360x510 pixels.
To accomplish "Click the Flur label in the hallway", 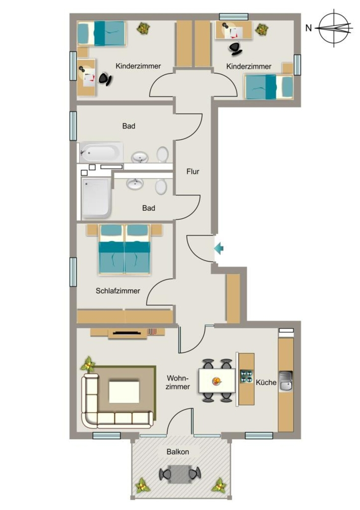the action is coord(193,171).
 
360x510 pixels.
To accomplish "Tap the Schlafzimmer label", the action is coord(118,291).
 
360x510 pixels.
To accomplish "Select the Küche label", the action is coord(266,382).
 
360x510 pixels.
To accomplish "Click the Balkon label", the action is coord(178,452).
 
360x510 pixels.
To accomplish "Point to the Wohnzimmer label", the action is coord(178,382).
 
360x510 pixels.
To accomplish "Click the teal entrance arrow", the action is coord(219,249).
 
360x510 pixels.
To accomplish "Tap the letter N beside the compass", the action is coord(309,28).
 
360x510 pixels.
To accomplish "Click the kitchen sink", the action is coord(286,381).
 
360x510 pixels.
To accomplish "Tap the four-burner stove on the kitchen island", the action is coord(246,376).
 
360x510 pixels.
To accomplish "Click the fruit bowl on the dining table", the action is coord(217,381).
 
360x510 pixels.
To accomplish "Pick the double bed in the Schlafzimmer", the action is coord(124,250).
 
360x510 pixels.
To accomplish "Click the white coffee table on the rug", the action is coord(124,392).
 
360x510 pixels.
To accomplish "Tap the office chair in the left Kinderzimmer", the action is coord(105,79).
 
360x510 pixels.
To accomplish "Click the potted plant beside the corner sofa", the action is coord(88,365).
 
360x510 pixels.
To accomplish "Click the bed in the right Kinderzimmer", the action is coord(269,87).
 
